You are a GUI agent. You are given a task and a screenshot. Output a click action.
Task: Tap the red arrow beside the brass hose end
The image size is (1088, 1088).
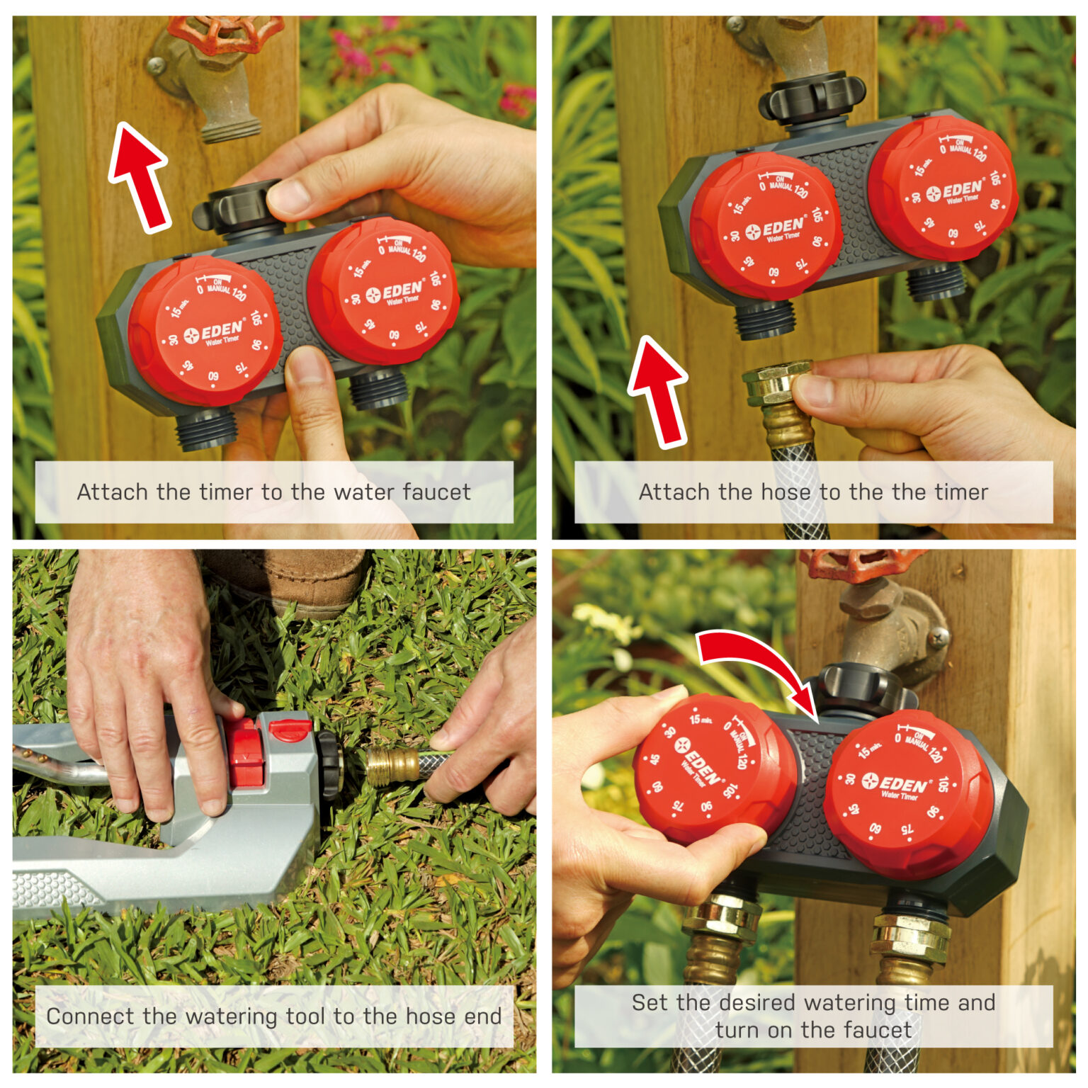[658, 392]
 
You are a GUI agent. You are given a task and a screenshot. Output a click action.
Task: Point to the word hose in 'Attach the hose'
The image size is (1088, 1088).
[786, 492]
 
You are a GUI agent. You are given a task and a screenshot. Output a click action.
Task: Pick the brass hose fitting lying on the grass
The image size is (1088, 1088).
[393, 766]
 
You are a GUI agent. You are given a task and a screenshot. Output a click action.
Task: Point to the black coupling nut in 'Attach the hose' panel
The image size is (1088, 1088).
[812, 98]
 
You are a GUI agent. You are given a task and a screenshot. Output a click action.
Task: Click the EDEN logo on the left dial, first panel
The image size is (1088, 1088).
[214, 333]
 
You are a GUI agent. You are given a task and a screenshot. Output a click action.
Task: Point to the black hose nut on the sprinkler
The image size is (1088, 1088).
[330, 765]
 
